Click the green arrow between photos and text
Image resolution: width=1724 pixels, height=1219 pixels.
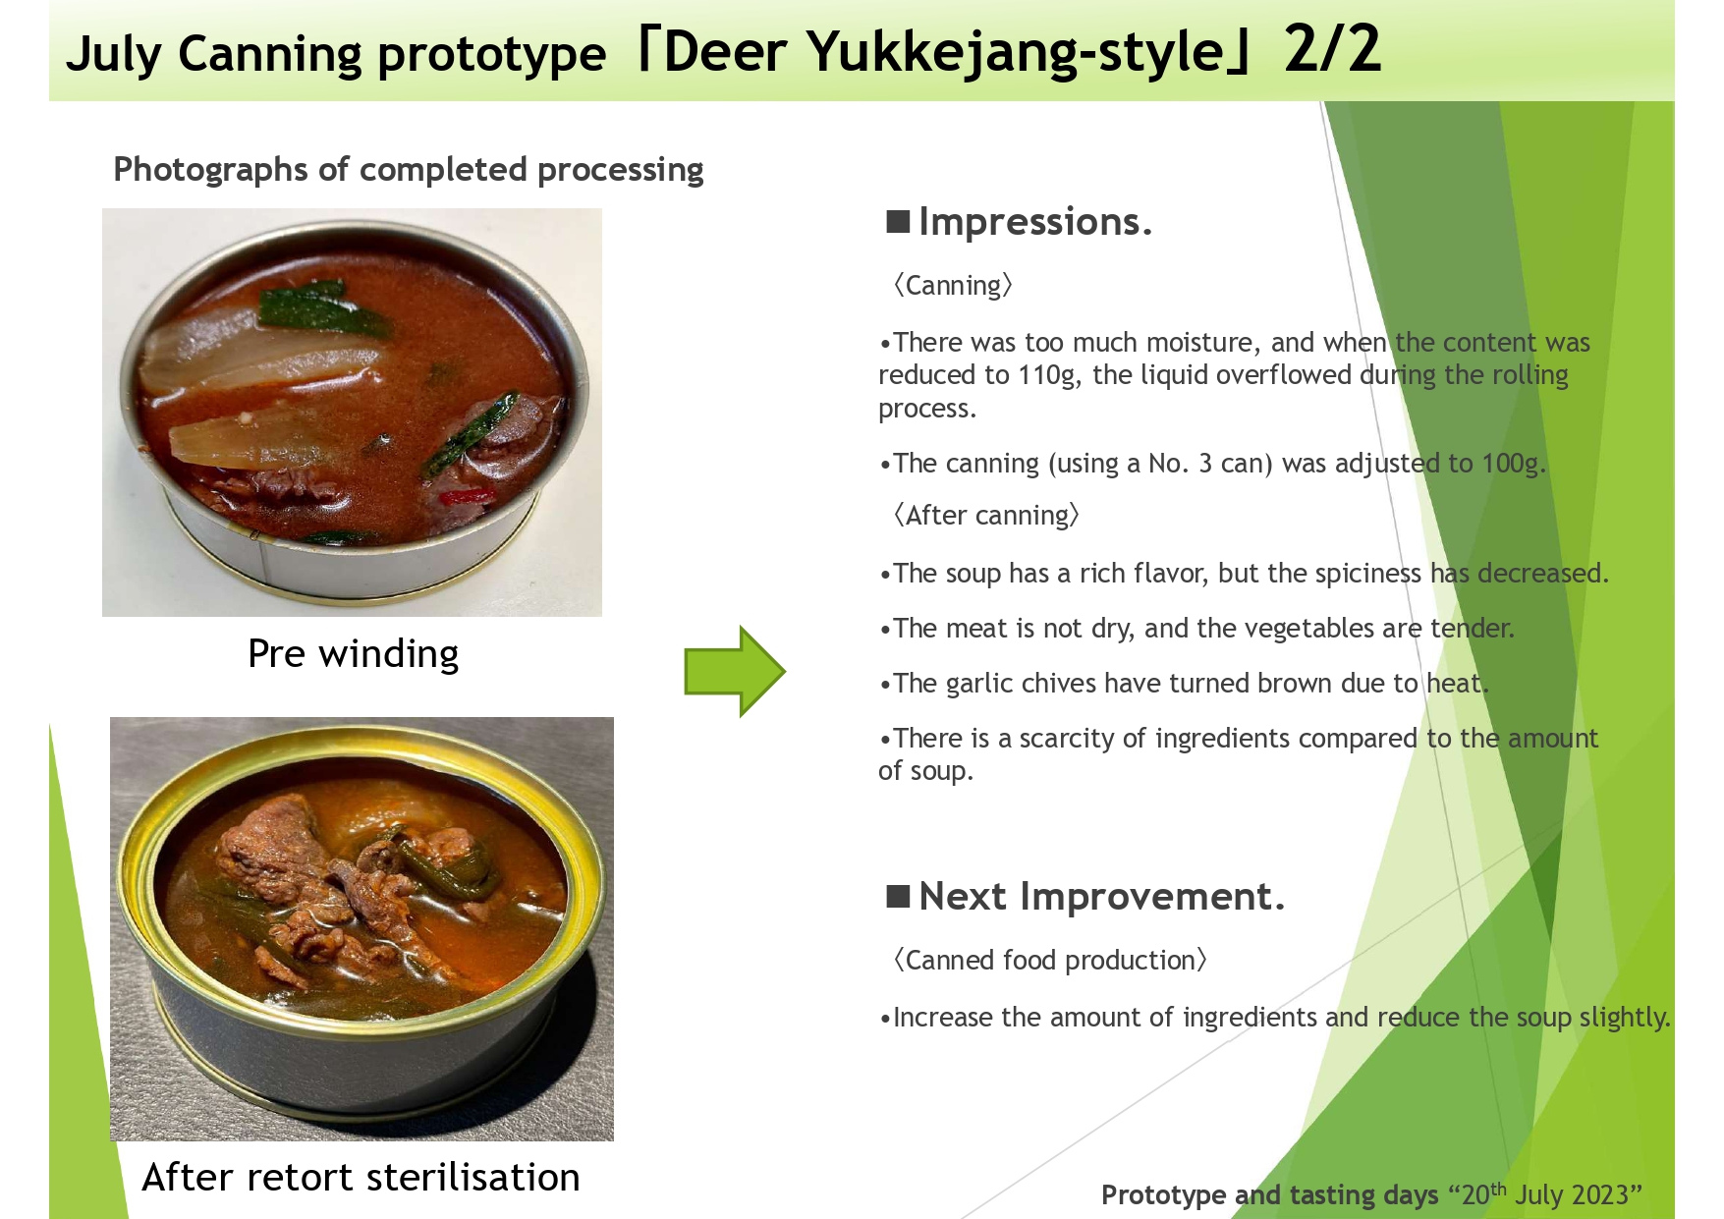[735, 671]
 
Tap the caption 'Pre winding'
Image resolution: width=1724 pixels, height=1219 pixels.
[353, 654]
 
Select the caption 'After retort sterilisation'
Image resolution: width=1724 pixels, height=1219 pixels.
[361, 1177]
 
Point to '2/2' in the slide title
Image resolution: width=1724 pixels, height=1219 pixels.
[1332, 49]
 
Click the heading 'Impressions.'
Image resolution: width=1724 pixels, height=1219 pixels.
[1034, 222]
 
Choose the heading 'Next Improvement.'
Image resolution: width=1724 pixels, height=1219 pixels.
[1101, 897]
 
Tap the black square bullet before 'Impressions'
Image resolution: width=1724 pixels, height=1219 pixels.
[898, 221]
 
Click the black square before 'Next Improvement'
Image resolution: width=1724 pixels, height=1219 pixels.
[898, 896]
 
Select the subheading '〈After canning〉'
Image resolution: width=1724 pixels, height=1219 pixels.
[986, 516]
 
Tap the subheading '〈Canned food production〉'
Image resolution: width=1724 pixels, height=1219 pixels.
[1050, 961]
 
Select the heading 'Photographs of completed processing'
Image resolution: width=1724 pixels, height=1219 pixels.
[409, 169]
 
